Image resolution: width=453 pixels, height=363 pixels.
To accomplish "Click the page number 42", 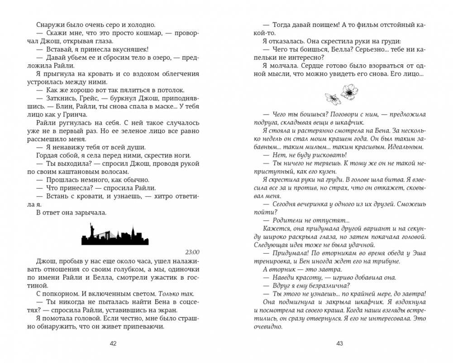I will click(113, 344).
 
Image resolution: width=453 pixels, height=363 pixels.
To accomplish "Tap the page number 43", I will click(339, 344).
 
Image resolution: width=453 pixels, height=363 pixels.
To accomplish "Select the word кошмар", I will click(158, 34).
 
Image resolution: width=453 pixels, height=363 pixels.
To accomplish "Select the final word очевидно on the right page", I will click(268, 326).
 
